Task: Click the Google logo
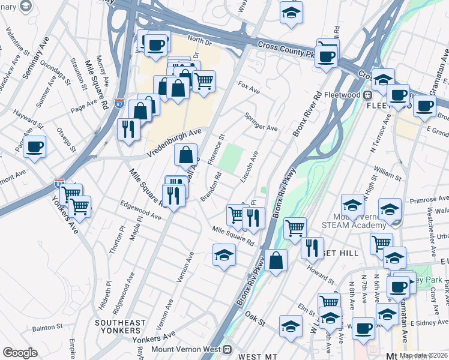[x=20, y=353]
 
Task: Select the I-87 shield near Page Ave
[x=119, y=103]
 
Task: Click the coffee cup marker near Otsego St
[x=35, y=146]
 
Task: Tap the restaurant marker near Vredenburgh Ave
[x=128, y=129]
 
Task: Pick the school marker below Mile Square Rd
[x=224, y=255]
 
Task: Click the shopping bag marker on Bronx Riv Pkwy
[x=276, y=260]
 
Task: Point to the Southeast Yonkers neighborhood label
[x=121, y=327]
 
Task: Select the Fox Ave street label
[x=249, y=90]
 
